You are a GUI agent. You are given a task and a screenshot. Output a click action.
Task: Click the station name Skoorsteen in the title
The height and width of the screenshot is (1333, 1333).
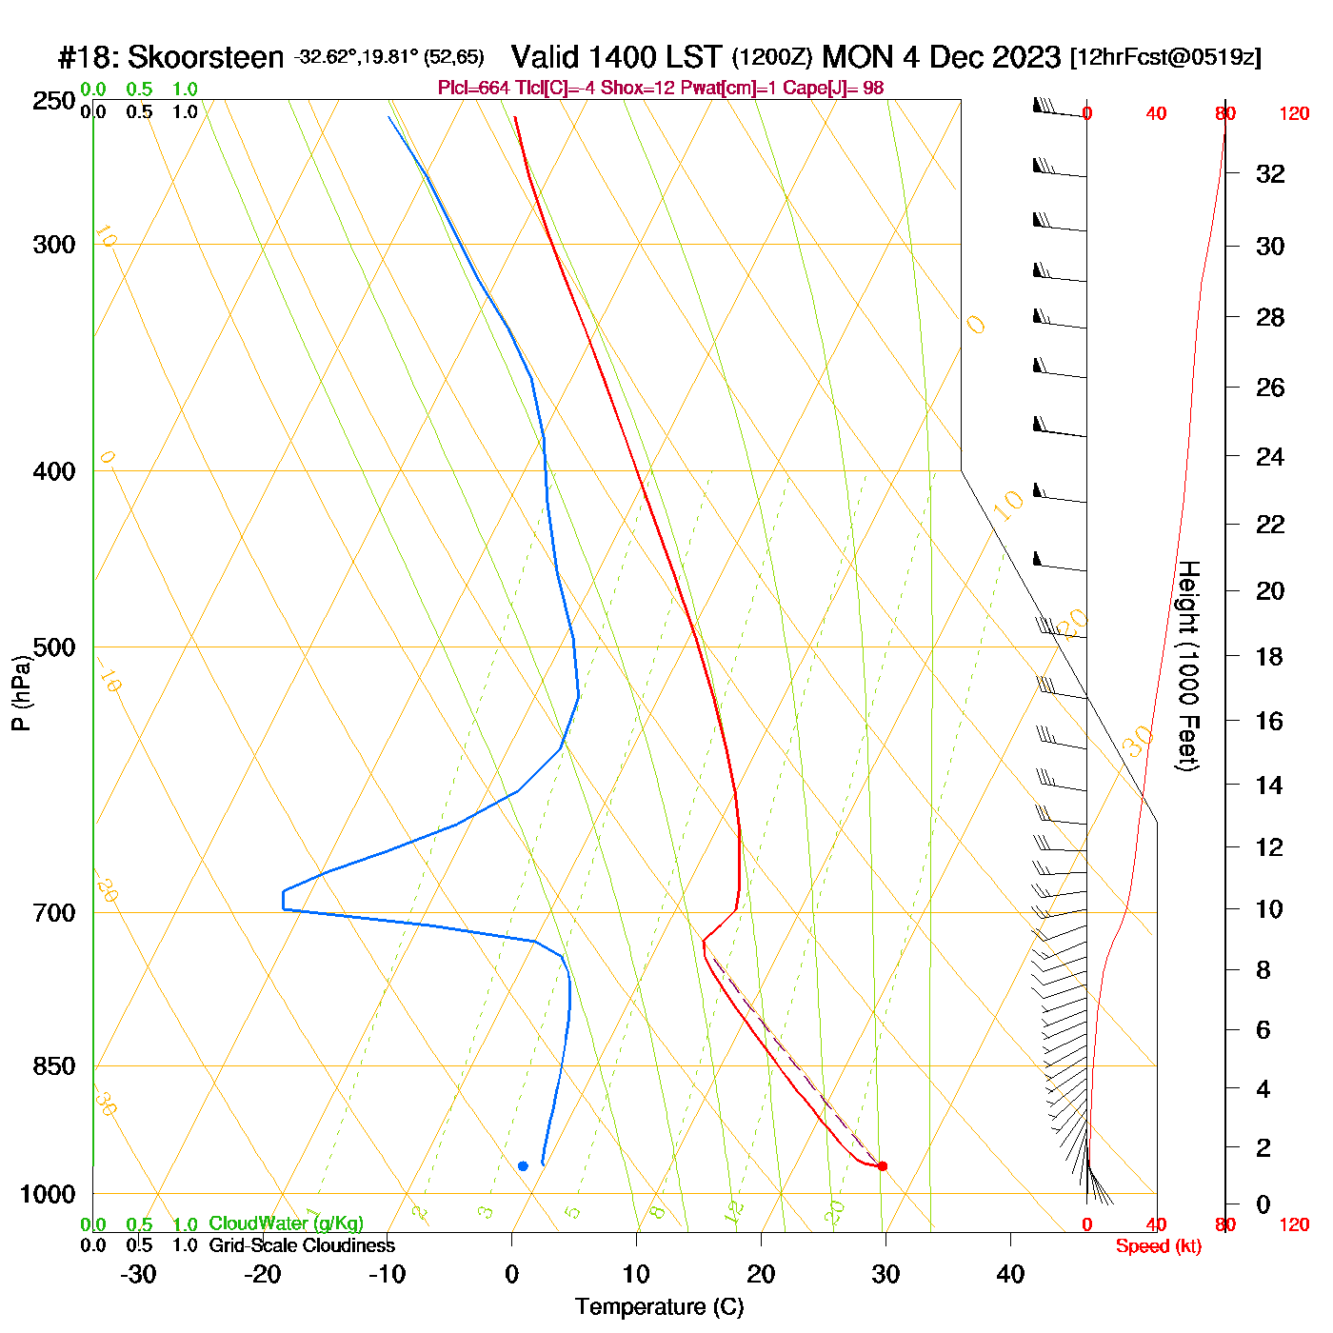(x=206, y=58)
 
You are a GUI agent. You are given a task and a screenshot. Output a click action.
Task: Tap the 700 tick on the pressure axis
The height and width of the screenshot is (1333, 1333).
(x=54, y=913)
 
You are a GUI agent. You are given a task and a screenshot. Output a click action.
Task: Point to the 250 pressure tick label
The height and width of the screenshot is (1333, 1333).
(x=54, y=101)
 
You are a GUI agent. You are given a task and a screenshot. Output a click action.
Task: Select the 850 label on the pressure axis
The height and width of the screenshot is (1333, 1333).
(x=54, y=1066)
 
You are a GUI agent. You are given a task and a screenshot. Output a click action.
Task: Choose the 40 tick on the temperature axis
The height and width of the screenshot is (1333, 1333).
(x=1010, y=1274)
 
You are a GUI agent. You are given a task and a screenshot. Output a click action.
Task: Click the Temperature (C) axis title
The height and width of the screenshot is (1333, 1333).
(x=659, y=1307)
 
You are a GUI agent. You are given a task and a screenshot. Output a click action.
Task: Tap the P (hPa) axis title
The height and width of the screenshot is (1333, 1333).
(x=21, y=692)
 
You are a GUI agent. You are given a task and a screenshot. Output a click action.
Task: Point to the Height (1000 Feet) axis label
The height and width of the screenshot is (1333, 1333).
(x=1187, y=666)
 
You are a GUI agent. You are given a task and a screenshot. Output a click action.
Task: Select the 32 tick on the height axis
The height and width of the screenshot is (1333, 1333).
(x=1270, y=174)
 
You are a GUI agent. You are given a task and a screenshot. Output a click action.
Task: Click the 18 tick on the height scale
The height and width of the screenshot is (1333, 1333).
(x=1269, y=656)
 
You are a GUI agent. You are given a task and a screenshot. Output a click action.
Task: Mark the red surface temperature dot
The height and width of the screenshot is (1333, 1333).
(x=882, y=1166)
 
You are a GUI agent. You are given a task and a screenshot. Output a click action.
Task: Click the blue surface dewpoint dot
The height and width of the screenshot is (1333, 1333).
(x=523, y=1166)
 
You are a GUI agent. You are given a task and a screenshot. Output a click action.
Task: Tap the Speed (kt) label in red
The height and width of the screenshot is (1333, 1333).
(x=1159, y=1246)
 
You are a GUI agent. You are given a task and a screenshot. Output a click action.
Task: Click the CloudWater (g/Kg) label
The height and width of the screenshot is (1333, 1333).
(x=286, y=1224)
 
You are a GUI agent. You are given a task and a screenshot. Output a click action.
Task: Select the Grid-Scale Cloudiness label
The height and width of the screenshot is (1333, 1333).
(x=302, y=1245)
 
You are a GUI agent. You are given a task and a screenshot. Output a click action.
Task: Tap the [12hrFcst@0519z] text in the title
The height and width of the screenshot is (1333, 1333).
(x=1165, y=57)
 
